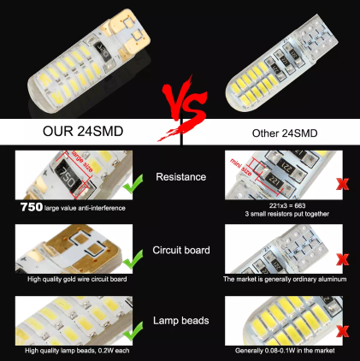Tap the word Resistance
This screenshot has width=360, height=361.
point(180,176)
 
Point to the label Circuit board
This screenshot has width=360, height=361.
point(180,250)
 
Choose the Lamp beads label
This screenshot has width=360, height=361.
point(180,320)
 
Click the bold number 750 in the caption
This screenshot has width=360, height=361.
point(32,207)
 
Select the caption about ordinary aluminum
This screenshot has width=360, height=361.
point(284,279)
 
